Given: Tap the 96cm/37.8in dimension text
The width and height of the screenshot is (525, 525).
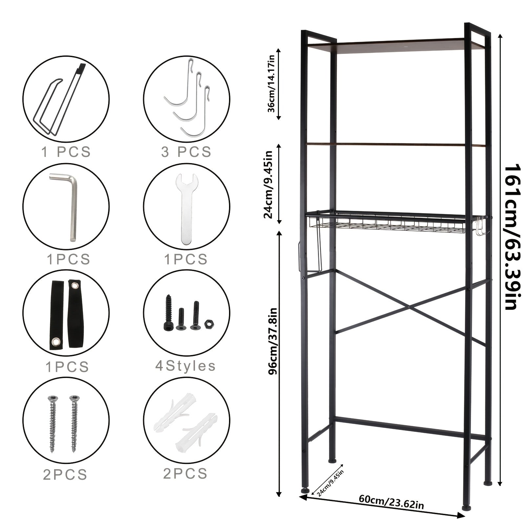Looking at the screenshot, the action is click(x=272, y=340).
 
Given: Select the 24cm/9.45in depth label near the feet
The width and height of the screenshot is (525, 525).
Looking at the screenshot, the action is click(x=327, y=483).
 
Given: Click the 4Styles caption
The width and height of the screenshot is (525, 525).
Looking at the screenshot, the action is click(x=185, y=366).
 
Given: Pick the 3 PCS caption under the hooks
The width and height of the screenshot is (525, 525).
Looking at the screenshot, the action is click(x=186, y=152).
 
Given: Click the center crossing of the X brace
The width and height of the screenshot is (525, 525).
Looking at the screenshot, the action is click(x=409, y=307).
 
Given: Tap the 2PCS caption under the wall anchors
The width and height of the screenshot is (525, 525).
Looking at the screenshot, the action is click(x=185, y=473).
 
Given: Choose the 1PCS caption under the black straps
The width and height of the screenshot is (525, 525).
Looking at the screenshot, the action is click(x=67, y=367).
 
